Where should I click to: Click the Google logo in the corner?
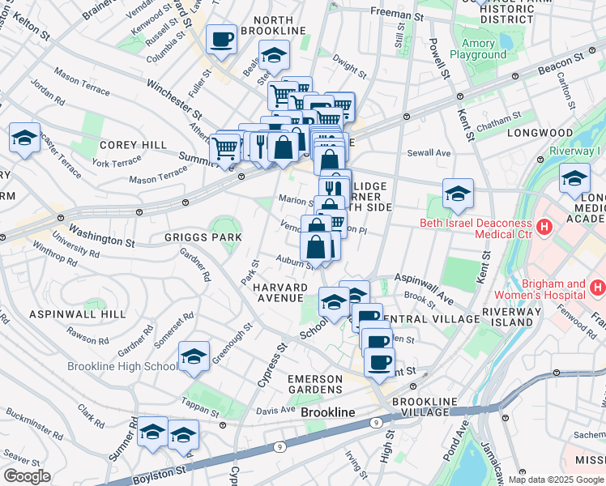(x=27, y=476)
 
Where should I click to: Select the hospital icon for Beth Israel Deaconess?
(x=545, y=229)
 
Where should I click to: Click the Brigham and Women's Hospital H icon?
(x=598, y=287)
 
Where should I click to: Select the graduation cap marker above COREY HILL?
(x=24, y=138)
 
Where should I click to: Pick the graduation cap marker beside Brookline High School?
(x=194, y=356)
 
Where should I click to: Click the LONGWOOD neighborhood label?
(x=534, y=132)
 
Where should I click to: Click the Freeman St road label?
(x=396, y=14)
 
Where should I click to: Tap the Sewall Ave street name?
(x=429, y=152)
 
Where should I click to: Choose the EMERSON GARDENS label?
(x=322, y=386)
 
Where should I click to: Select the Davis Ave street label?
(x=275, y=410)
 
